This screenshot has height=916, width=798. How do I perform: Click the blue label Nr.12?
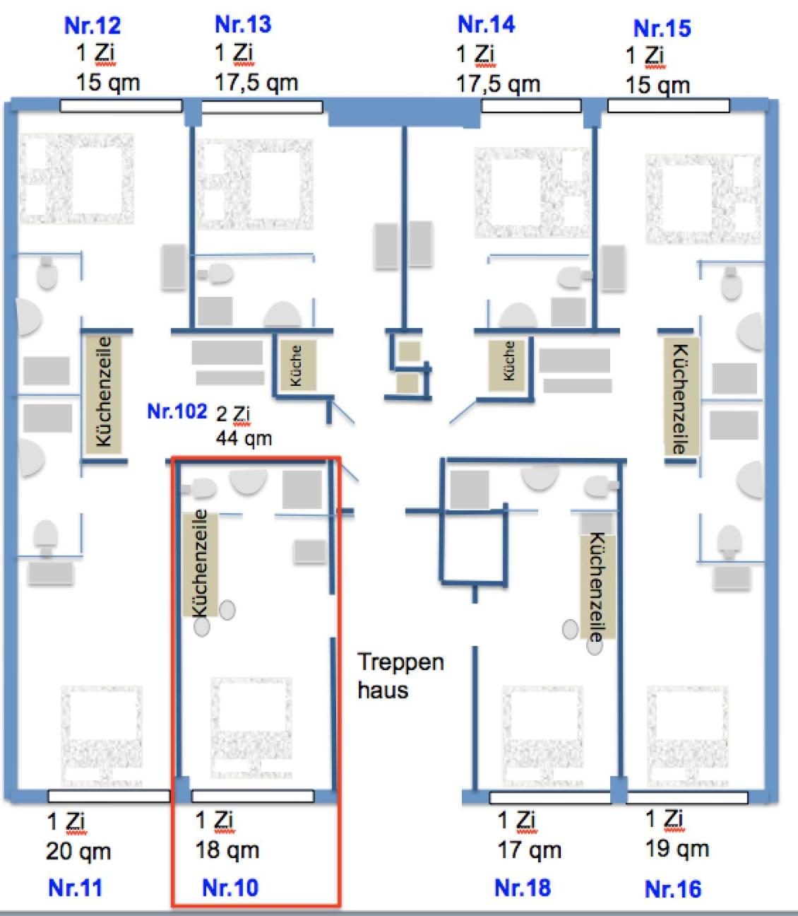(x=93, y=26)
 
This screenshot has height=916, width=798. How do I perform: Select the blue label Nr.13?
(x=243, y=25)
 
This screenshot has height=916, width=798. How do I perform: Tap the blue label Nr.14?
(x=487, y=25)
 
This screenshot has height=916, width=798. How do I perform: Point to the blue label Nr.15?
(x=662, y=28)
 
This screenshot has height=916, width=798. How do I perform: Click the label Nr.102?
(x=177, y=411)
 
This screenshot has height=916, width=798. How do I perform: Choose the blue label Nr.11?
(x=76, y=888)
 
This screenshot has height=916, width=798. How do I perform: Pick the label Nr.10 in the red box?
(x=230, y=888)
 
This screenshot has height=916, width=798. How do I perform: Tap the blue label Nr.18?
(x=523, y=888)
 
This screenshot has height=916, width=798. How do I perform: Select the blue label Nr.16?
(x=673, y=888)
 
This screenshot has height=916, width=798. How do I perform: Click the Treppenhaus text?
(x=400, y=676)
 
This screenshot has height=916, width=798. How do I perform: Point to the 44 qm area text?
(x=244, y=439)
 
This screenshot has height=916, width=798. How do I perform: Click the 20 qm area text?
(x=78, y=852)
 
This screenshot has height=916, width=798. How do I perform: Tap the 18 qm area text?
(x=227, y=850)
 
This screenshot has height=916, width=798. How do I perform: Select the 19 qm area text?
(x=677, y=849)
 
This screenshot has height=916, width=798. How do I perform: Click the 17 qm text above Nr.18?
(x=530, y=850)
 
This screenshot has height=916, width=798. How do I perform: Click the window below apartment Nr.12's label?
(x=121, y=106)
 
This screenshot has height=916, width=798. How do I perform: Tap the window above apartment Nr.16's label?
(x=686, y=798)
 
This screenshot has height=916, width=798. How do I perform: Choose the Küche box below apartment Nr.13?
(x=297, y=365)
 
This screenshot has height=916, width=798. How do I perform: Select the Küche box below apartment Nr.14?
(x=509, y=362)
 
